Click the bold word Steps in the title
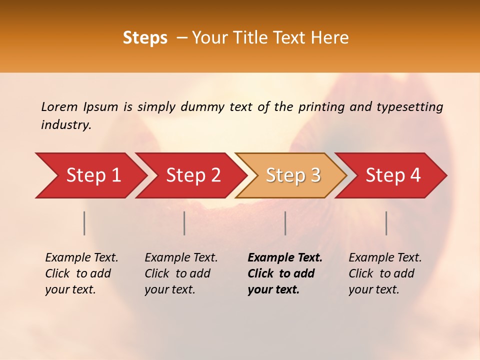pos(145,38)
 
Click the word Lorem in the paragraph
pos(59,106)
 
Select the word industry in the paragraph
pos(65,125)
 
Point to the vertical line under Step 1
pos(84,223)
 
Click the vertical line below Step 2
pos(184,223)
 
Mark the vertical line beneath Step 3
pos(285,223)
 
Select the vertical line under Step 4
pos(386,223)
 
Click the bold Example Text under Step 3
pos(285,273)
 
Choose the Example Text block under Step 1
pos(81,273)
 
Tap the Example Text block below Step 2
pos(181,273)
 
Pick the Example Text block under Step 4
pos(385,273)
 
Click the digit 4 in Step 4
pos(415,175)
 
